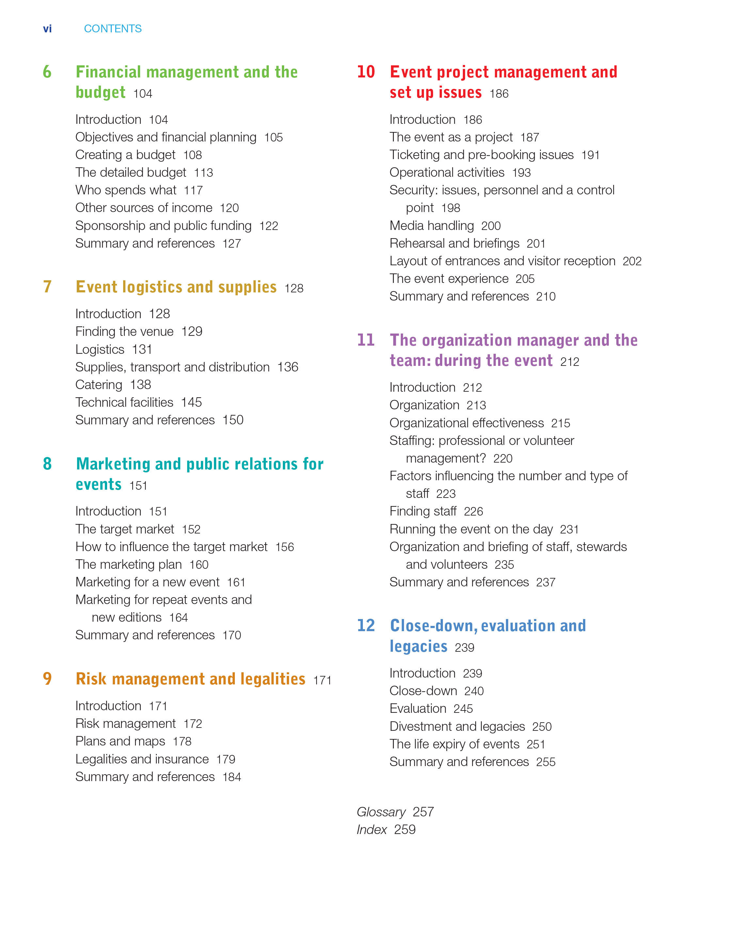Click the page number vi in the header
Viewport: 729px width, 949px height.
(x=47, y=29)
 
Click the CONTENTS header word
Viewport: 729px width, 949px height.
(x=113, y=29)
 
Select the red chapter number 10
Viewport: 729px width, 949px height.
(x=366, y=72)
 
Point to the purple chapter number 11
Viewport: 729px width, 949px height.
(x=366, y=340)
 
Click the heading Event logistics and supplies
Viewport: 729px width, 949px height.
(x=176, y=287)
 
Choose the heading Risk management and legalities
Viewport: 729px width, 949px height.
(x=190, y=679)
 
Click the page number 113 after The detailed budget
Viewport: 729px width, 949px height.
(x=203, y=173)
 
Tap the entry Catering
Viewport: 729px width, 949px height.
(x=99, y=385)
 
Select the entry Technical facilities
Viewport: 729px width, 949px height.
(x=124, y=403)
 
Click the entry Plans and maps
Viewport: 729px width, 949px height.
(x=120, y=741)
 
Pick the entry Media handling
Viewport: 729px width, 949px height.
(x=432, y=226)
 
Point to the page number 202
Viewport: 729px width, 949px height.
(x=632, y=261)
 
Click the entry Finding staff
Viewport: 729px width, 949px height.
(x=423, y=511)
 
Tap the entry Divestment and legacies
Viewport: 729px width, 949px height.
(x=457, y=727)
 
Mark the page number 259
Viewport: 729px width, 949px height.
(x=405, y=830)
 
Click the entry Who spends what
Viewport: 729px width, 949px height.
(x=126, y=190)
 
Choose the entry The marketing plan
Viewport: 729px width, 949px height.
(x=128, y=564)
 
